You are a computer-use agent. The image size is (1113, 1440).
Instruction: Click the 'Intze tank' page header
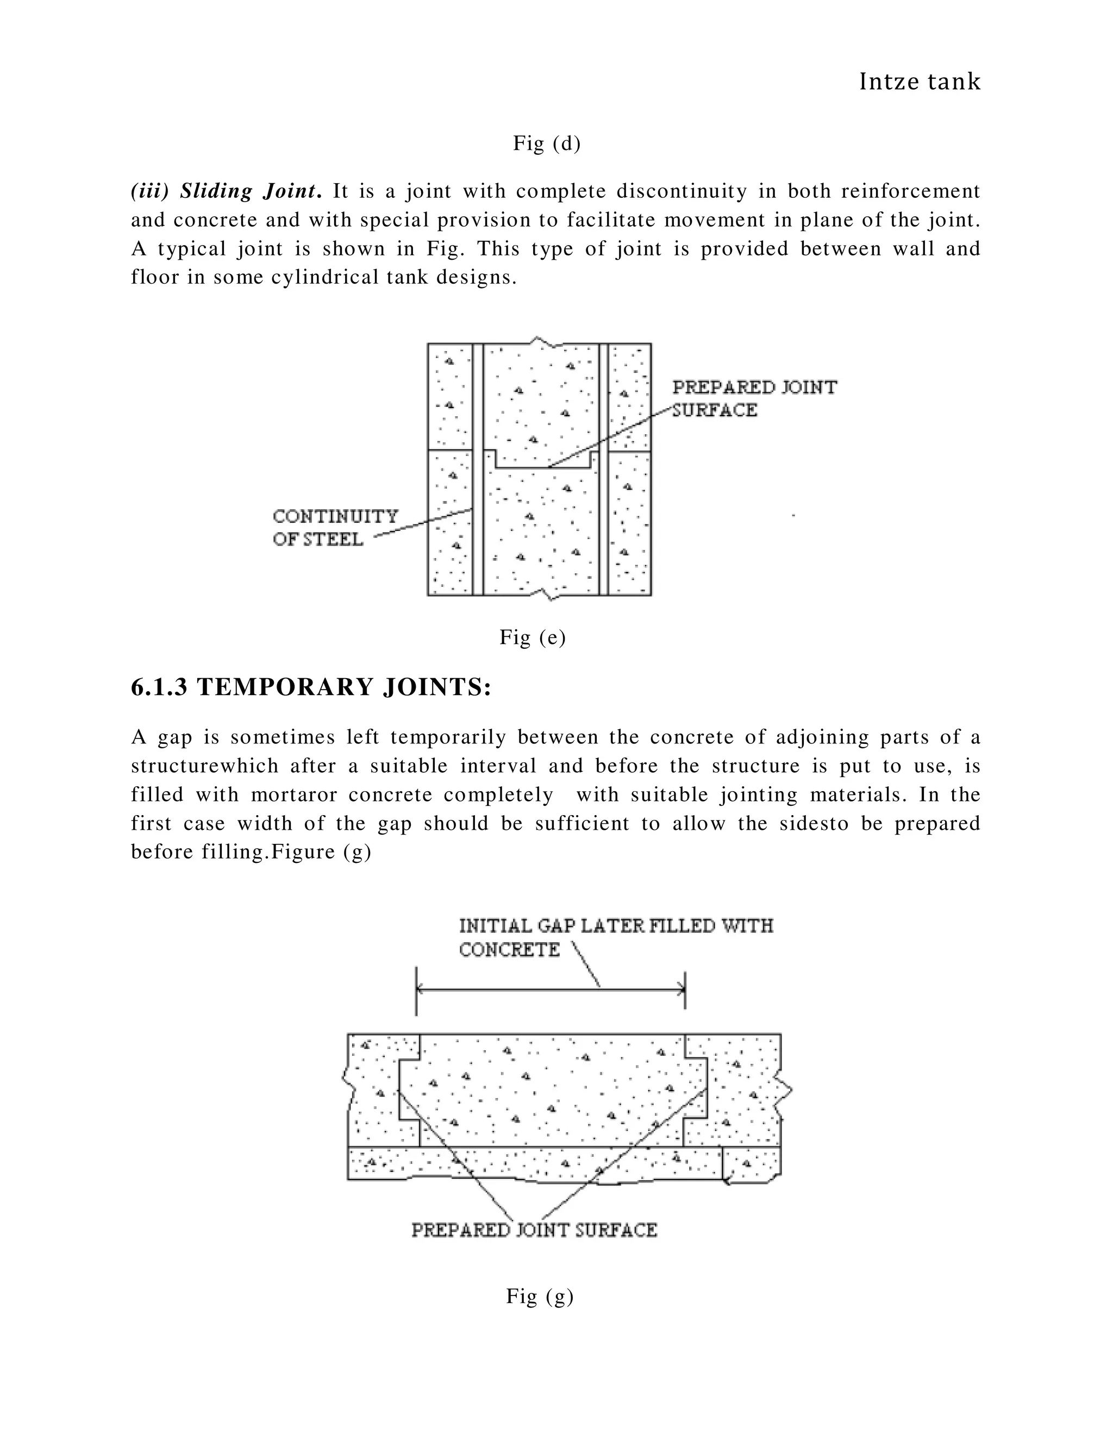[920, 82]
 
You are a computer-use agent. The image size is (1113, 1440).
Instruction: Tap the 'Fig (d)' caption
[547, 143]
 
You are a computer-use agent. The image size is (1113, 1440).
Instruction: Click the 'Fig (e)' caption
[533, 637]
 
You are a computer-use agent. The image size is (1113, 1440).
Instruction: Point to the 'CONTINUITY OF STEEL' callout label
[336, 528]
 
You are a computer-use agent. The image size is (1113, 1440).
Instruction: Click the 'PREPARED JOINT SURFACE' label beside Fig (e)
[754, 398]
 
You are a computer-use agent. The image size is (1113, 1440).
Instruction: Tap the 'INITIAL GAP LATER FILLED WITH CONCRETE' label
[616, 937]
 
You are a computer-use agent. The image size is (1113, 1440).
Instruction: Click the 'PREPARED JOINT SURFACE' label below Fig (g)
[534, 1230]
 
